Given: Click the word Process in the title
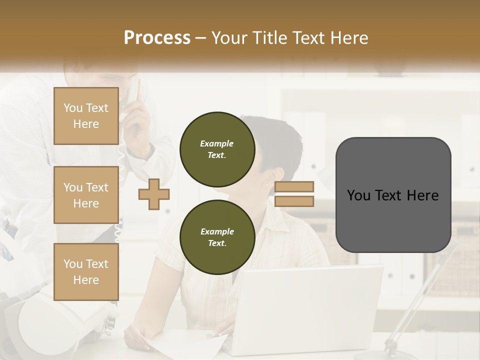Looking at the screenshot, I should (x=157, y=37).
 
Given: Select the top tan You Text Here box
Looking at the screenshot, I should (x=86, y=116).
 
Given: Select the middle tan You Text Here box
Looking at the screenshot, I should (x=86, y=195).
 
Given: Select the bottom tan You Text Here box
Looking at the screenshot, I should (x=86, y=271).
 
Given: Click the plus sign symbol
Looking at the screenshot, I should (x=154, y=194).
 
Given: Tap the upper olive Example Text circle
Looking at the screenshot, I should (x=217, y=149).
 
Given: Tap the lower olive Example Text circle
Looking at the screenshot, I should (x=217, y=237).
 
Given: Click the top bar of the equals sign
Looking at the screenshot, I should (x=294, y=186).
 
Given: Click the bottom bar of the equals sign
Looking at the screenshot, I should (x=294, y=201).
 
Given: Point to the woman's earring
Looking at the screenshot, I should (x=266, y=184).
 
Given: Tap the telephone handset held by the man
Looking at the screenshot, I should (x=135, y=95).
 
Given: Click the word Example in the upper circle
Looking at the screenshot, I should (x=217, y=143).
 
